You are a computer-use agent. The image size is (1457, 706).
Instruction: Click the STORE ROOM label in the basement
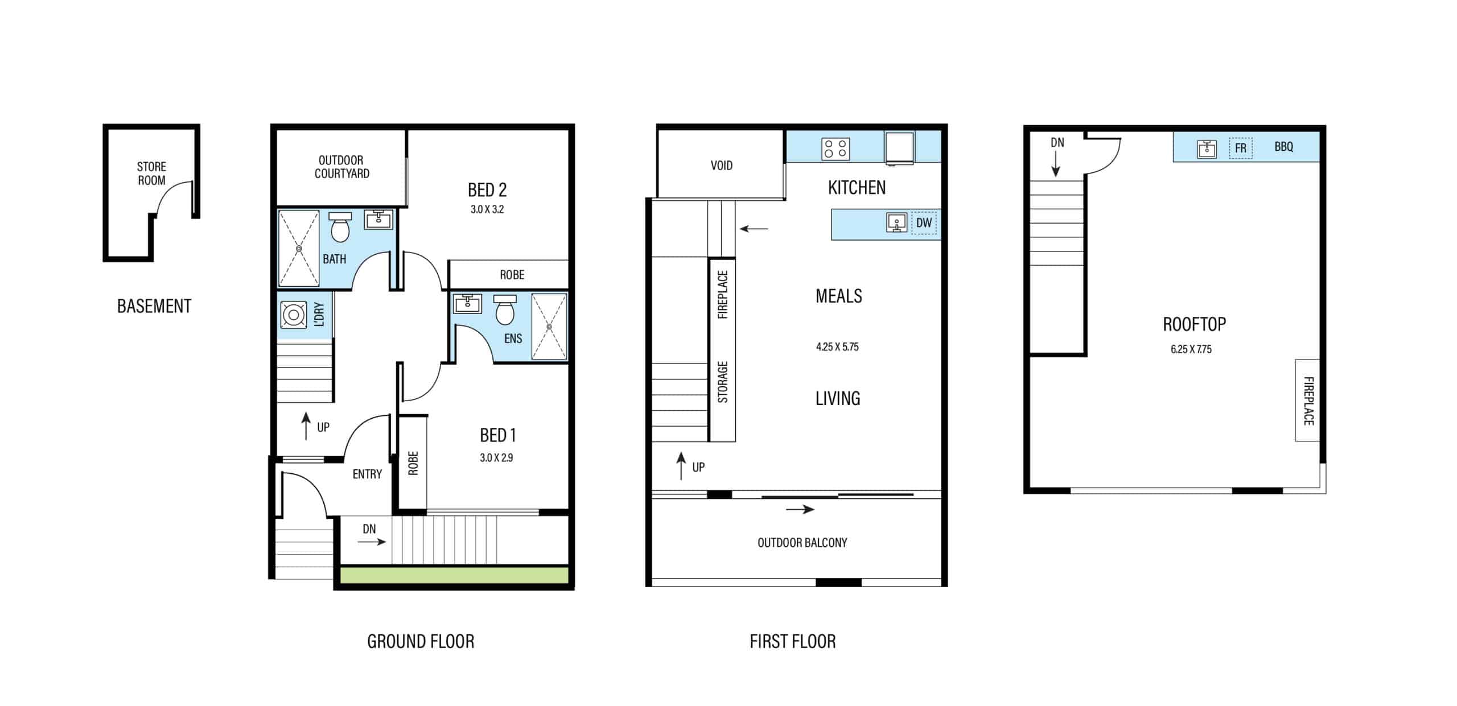151,174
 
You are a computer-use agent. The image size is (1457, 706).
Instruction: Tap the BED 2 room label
487,189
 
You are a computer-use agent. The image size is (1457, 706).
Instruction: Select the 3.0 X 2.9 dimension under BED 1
496,457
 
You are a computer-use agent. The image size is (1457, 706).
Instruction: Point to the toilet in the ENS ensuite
505,310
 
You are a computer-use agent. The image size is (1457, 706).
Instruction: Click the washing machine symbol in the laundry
294,315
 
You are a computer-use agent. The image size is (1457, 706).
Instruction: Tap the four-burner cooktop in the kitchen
835,149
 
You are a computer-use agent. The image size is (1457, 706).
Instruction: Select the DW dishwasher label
924,222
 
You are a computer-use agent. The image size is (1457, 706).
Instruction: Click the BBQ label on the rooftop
1284,147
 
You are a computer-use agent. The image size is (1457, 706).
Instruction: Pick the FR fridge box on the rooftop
1241,148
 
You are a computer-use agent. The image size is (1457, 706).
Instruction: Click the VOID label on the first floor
722,166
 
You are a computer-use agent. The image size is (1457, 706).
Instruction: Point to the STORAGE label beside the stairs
723,382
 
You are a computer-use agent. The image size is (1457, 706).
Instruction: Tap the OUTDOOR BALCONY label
802,543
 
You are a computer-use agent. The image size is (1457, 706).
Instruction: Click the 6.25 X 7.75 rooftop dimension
1191,349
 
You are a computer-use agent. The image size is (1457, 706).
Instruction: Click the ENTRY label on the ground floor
367,474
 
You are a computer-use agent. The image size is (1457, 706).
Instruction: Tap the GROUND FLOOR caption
421,642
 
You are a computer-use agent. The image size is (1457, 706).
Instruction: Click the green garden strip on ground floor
454,575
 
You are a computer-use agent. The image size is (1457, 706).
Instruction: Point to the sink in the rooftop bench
1207,148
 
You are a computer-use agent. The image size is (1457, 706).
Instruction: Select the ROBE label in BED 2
512,275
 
